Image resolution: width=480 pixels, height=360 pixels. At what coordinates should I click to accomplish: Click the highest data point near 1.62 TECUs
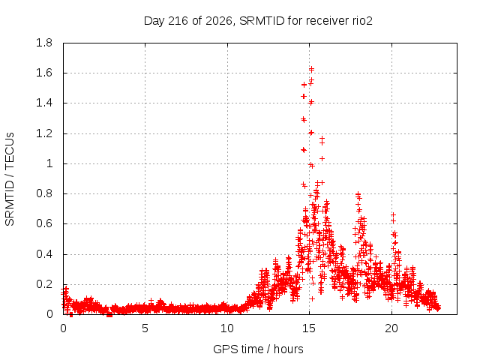pyautogui.click(x=312, y=70)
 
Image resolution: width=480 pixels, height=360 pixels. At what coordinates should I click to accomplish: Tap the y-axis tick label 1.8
pyautogui.click(x=44, y=43)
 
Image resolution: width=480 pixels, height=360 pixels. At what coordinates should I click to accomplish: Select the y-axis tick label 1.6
pyautogui.click(x=44, y=73)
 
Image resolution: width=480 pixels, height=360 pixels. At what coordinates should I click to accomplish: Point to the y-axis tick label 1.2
pyautogui.click(x=44, y=133)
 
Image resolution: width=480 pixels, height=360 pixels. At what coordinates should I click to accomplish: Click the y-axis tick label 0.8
pyautogui.click(x=44, y=193)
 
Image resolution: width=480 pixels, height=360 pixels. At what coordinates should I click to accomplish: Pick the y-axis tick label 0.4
pyautogui.click(x=44, y=254)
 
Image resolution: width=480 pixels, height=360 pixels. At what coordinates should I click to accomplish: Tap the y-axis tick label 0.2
pyautogui.click(x=44, y=284)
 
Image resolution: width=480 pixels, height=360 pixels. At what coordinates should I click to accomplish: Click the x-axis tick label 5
pyautogui.click(x=145, y=328)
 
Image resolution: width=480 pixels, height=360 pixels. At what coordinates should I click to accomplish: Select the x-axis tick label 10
pyautogui.click(x=227, y=328)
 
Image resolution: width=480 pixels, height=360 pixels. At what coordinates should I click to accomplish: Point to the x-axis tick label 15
pyautogui.click(x=309, y=328)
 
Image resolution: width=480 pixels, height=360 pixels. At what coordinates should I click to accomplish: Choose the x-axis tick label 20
pyautogui.click(x=391, y=328)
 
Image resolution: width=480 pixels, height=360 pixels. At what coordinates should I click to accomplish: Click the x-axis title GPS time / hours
pyautogui.click(x=258, y=349)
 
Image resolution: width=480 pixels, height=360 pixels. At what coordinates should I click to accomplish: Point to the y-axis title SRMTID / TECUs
pyautogui.click(x=10, y=179)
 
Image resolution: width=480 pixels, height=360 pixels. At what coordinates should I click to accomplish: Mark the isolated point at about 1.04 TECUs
pyautogui.click(x=322, y=158)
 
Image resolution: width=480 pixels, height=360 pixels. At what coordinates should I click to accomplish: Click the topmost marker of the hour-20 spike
pyautogui.click(x=393, y=214)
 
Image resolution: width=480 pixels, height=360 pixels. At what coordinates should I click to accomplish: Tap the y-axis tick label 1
pyautogui.click(x=49, y=163)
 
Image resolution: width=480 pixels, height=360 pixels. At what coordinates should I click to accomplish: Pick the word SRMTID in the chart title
pyautogui.click(x=262, y=21)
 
